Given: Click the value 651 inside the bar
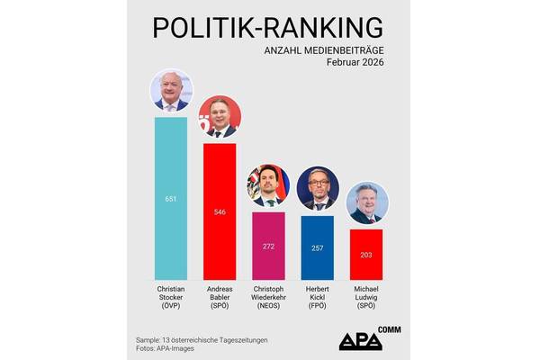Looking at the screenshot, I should (171, 198).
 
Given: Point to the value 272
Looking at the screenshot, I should (268, 246).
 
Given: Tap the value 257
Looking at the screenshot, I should (317, 247).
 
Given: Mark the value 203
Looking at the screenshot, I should (365, 255).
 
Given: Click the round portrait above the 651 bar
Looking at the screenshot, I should (171, 91).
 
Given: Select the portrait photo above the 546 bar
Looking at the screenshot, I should (220, 117).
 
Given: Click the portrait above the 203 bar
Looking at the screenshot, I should (365, 203).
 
